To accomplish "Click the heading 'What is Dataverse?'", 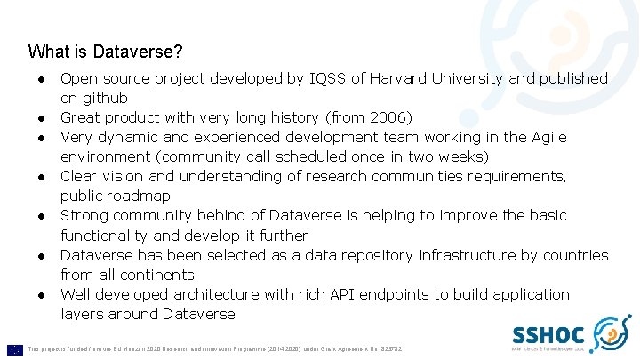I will [x=106, y=52].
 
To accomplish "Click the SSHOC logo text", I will [x=548, y=335].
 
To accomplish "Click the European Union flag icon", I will [x=14, y=349].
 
